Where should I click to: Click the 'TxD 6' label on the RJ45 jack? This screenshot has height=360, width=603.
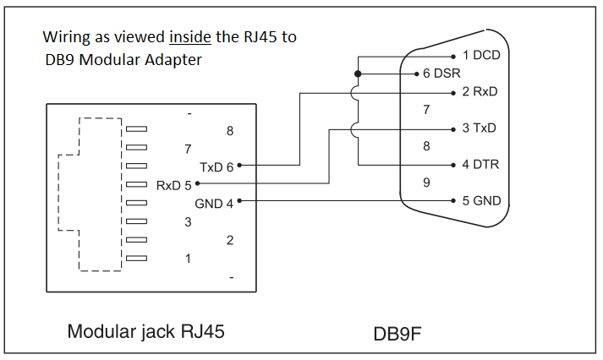(217, 166)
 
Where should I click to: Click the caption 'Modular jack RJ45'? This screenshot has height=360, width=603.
(145, 332)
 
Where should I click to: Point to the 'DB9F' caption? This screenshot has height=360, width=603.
(397, 334)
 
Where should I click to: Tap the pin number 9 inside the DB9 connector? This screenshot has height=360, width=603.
(427, 183)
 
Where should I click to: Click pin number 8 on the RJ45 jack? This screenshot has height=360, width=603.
(230, 131)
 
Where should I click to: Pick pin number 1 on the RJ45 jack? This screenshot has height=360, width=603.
(188, 259)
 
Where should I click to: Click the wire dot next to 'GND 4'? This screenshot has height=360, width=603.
(240, 201)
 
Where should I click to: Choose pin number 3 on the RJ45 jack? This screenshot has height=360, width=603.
(188, 222)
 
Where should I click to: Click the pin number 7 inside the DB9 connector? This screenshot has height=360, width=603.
(427, 110)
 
